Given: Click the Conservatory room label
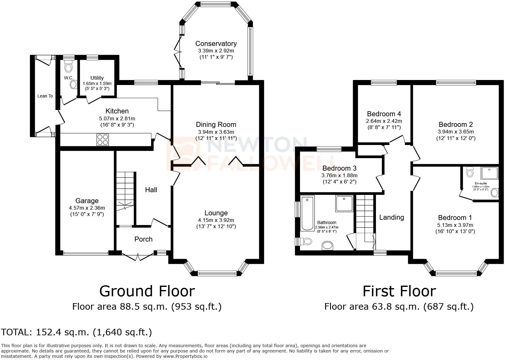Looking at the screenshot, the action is (x=216, y=43).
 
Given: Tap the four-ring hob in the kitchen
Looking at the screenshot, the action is (x=102, y=140).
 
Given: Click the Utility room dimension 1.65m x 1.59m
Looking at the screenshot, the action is (x=97, y=83).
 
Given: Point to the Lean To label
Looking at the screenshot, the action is (x=45, y=96).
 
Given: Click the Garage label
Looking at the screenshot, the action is (x=87, y=201).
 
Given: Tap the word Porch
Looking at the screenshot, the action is (x=143, y=239).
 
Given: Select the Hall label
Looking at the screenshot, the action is (x=151, y=190).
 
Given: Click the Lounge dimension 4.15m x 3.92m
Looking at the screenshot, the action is (x=216, y=220).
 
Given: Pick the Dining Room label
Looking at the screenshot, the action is (x=216, y=124).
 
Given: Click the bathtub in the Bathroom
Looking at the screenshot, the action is (x=307, y=213).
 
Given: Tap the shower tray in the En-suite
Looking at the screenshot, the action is (x=489, y=173).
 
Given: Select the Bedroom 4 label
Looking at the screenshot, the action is (x=384, y=114).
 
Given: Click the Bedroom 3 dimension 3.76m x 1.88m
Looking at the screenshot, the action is (x=339, y=175).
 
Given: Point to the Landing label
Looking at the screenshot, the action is (x=391, y=217).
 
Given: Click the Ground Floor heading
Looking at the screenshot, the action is (x=147, y=291).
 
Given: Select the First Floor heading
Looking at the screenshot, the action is (x=399, y=291).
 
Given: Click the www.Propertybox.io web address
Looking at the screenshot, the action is (x=185, y=356).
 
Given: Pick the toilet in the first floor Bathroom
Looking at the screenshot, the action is (x=306, y=242).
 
